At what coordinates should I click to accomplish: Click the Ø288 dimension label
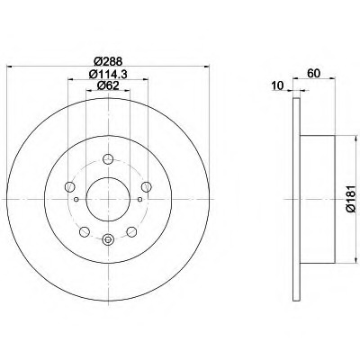(108, 61)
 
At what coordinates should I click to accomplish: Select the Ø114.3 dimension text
(108, 74)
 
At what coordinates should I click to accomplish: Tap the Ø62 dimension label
(108, 85)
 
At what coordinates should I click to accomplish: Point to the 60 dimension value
(314, 73)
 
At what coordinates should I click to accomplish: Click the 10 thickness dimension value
(277, 85)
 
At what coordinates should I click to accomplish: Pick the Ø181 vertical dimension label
(351, 199)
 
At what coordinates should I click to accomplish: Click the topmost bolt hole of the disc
(108, 158)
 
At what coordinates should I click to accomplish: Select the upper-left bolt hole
(69, 186)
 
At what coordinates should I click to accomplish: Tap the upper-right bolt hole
(146, 186)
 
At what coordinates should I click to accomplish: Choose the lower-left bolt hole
(85, 231)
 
